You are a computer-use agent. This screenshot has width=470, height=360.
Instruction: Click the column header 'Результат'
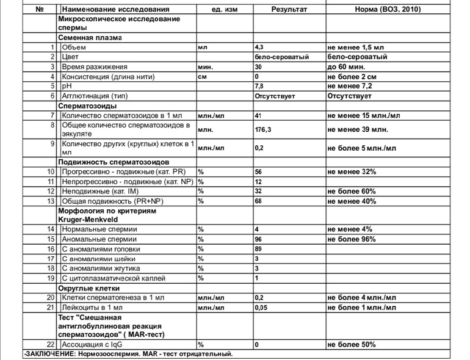point(289,10)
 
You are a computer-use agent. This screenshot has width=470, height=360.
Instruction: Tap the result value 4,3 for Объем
point(259,46)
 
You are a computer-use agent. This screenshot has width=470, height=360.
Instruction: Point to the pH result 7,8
point(259,87)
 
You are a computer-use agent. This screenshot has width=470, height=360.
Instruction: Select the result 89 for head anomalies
point(259,249)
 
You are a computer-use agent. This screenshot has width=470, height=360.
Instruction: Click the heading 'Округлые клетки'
point(89,287)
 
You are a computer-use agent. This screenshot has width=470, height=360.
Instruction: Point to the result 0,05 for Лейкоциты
point(262,307)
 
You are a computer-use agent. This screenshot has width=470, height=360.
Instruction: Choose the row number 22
point(51,345)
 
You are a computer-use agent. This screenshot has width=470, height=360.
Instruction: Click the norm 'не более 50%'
point(352,345)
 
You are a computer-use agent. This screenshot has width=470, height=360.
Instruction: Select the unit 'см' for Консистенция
point(201,76)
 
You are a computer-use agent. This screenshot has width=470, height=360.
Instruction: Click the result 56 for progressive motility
point(259,172)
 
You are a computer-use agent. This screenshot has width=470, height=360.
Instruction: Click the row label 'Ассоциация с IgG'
point(92,345)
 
